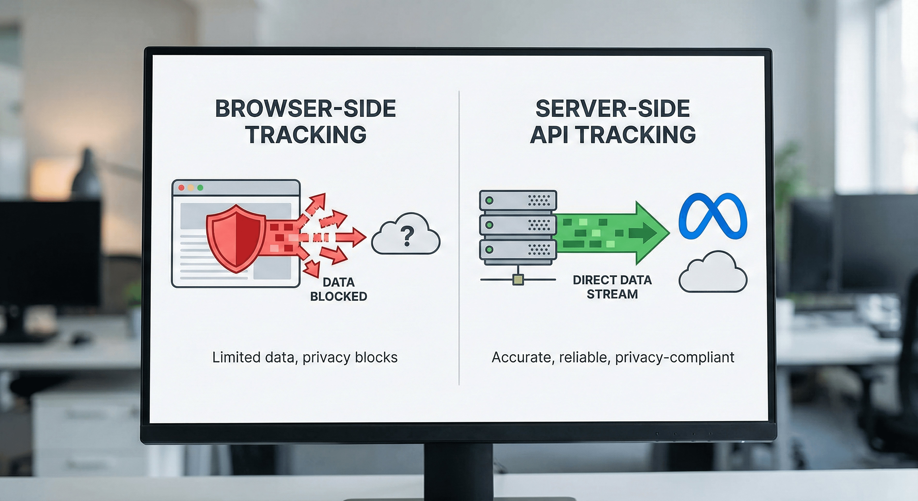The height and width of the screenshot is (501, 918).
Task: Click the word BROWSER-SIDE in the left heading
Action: [305, 109]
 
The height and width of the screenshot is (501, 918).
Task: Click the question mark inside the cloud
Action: [407, 236]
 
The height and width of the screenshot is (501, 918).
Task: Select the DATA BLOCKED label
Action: [338, 289]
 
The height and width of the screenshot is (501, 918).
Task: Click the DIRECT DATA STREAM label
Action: [612, 287]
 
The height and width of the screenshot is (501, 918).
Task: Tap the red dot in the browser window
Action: [181, 188]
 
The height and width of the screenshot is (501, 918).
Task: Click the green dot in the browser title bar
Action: [200, 188]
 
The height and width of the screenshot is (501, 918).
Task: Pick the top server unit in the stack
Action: [518, 200]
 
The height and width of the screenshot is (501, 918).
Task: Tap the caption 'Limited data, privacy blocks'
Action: [305, 357]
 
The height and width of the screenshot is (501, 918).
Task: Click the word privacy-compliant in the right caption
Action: [674, 357]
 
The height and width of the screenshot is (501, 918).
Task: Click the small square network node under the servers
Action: [518, 280]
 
